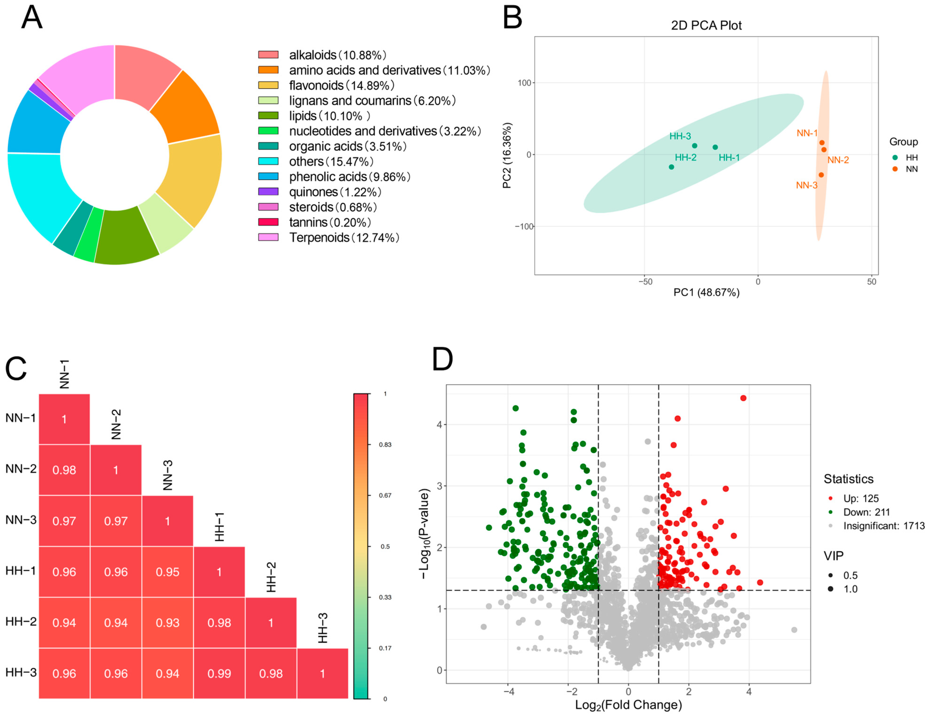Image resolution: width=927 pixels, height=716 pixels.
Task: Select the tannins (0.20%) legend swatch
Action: tap(268, 222)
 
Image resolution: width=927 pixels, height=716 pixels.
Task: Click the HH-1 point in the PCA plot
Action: tap(715, 147)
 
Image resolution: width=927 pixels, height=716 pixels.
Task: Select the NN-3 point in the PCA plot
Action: tap(821, 175)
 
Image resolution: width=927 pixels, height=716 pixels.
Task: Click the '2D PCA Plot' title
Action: tap(706, 25)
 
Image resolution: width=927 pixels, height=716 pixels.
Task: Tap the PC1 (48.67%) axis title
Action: tap(706, 292)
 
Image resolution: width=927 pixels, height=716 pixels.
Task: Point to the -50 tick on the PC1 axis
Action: tap(645, 282)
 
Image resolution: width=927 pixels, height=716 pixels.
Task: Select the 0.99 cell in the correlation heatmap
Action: tap(219, 673)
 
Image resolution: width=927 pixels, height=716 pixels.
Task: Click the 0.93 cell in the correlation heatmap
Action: tap(167, 623)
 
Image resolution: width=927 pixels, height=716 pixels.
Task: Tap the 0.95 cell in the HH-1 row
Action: tap(167, 572)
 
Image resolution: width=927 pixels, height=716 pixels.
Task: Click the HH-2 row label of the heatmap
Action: tap(21, 622)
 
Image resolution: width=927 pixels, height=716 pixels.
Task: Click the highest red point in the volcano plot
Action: tap(743, 398)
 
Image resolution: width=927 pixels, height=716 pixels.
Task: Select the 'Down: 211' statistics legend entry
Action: tap(866, 512)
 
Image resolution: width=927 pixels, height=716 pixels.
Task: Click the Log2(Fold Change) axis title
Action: tap(628, 705)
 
